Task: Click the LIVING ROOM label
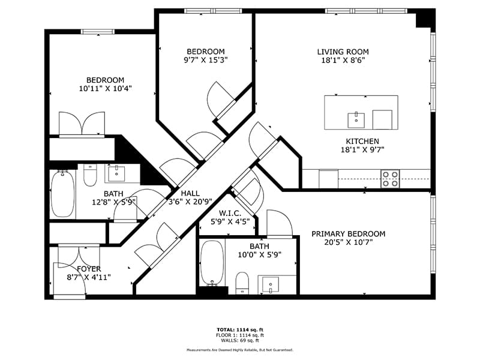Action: tap(343, 52)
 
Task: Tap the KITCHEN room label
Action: tap(362, 142)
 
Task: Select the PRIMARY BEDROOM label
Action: tap(349, 234)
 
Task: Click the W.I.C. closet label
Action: tap(230, 214)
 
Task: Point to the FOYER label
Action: tap(89, 269)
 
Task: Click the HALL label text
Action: tap(190, 193)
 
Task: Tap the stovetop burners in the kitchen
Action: tap(391, 179)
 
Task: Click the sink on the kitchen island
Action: tap(356, 121)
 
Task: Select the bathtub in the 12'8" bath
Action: tap(63, 194)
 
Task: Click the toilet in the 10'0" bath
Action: tap(242, 283)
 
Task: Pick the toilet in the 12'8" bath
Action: tap(90, 175)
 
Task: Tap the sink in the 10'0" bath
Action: tap(271, 284)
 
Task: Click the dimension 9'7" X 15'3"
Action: tap(206, 60)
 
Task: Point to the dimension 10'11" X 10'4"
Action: tap(106, 89)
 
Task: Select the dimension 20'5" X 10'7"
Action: tap(349, 242)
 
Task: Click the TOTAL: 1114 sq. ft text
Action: tap(240, 329)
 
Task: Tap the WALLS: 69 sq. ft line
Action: tap(240, 340)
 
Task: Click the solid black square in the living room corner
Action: tap(425, 18)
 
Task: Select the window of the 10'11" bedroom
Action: tap(98, 32)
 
